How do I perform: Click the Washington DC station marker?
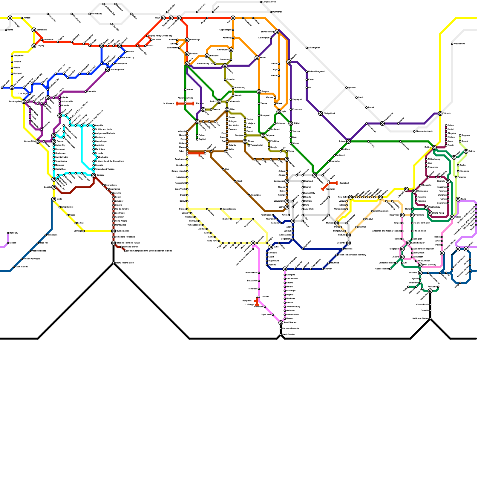click(x=108, y=70)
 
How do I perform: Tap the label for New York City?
click(x=128, y=58)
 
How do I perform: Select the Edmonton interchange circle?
click(x=34, y=30)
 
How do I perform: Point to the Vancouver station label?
click(x=19, y=56)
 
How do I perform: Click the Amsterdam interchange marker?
click(x=231, y=50)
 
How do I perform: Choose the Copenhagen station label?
click(x=226, y=30)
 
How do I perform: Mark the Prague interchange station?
click(x=259, y=92)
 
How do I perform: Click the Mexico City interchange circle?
click(x=38, y=141)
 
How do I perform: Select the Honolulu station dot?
click(x=8, y=233)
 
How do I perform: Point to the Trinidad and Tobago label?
click(x=105, y=169)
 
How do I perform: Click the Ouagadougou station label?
click(x=229, y=209)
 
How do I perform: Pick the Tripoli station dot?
click(x=235, y=181)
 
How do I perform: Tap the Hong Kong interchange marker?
click(x=430, y=213)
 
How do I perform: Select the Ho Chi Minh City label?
click(x=422, y=223)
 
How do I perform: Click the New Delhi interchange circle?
click(x=350, y=197)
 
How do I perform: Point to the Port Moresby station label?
click(x=430, y=265)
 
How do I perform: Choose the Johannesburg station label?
click(x=293, y=307)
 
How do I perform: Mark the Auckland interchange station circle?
click(x=430, y=291)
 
